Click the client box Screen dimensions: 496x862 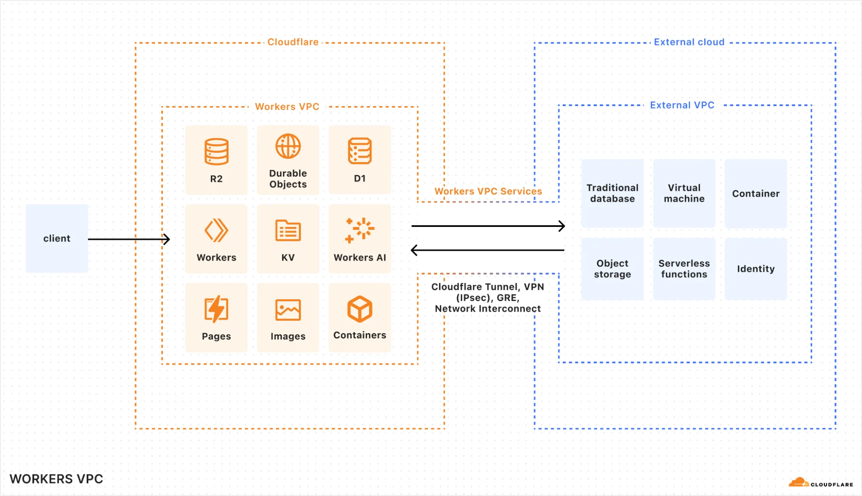(56, 238)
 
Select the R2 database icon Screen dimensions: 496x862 (216, 151)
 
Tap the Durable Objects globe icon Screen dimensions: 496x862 (288, 146)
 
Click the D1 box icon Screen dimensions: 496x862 (360, 151)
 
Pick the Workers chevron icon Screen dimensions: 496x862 (216, 230)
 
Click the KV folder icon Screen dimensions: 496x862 (288, 230)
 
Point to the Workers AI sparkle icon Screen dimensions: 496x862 (360, 229)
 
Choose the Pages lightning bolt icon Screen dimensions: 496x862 (216, 309)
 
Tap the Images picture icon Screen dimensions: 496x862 (288, 310)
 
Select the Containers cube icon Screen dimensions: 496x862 (360, 309)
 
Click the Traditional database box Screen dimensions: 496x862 (612, 193)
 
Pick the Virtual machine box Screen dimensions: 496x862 (684, 193)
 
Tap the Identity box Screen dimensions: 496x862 (755, 269)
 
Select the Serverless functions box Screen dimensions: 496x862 (684, 269)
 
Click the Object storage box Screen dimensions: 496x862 (612, 269)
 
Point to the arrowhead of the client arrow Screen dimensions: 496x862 (167, 239)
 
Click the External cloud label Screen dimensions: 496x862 (689, 42)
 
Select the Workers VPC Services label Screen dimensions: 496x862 (488, 191)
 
